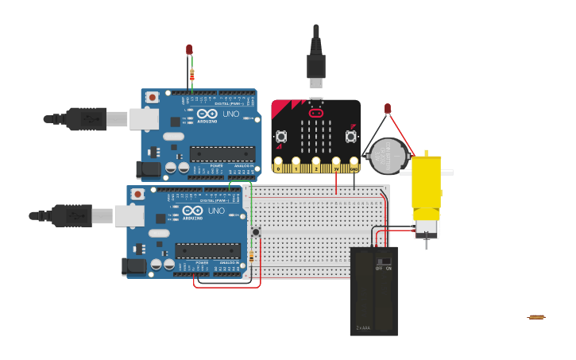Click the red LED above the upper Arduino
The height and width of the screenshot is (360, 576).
[189, 49]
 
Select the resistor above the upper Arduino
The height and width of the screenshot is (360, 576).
[191, 75]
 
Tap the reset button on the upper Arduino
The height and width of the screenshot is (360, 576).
[153, 97]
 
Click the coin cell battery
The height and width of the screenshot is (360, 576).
[389, 156]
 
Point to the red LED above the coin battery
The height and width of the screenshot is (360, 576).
[388, 108]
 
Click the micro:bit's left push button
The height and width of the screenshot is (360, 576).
[281, 137]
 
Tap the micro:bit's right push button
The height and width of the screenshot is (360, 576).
[351, 137]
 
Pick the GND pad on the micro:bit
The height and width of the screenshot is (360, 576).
[353, 167]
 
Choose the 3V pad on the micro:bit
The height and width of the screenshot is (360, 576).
[335, 167]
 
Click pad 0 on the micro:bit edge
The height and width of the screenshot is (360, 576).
[279, 167]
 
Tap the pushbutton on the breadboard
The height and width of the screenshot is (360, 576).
[256, 231]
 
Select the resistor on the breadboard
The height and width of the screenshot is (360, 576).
[252, 256]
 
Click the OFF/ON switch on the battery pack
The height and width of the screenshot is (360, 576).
[385, 261]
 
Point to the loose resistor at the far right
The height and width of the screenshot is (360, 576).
[536, 317]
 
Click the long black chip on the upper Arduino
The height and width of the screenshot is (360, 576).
[222, 153]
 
